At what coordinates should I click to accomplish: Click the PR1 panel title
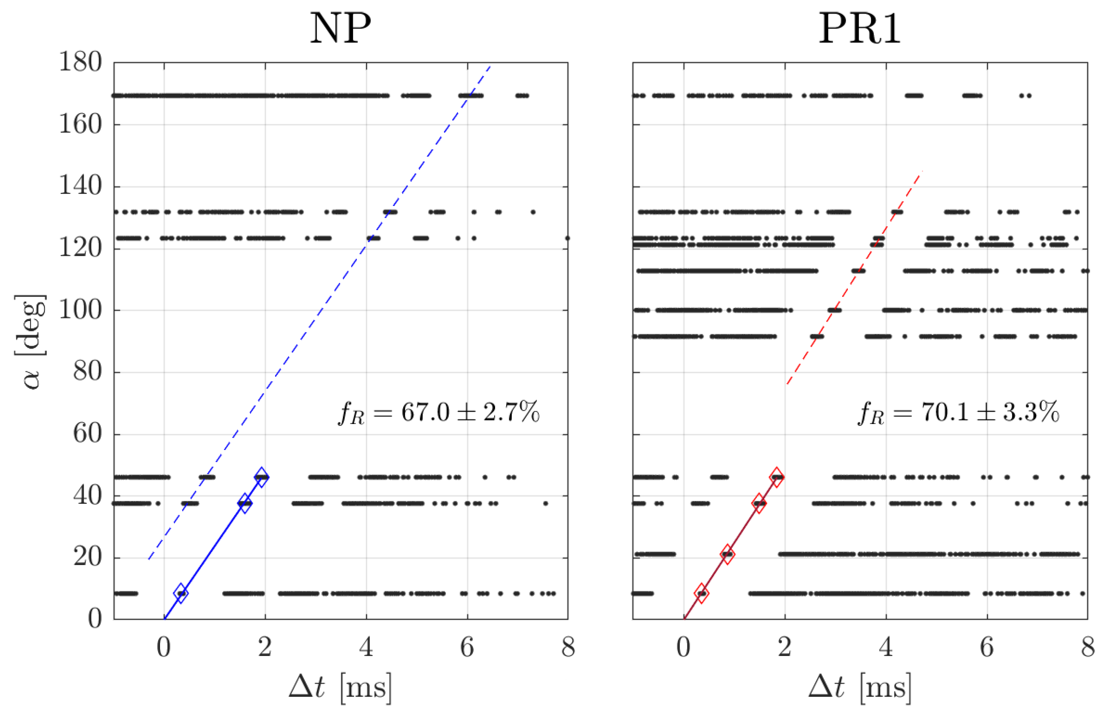point(859,29)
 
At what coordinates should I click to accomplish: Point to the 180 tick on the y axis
point(80,62)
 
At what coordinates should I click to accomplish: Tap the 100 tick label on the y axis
point(80,310)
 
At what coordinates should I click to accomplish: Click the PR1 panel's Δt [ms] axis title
point(859,687)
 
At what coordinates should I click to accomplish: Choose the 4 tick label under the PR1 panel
point(886,647)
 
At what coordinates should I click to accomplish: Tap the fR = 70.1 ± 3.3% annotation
point(958,412)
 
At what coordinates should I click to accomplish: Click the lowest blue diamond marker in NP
point(181,593)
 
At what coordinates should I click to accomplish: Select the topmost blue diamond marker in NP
point(261,477)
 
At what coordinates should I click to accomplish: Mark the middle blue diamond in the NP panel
point(245,503)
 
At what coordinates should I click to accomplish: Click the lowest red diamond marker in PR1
point(701,593)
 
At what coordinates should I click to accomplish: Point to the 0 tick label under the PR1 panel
point(684,647)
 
